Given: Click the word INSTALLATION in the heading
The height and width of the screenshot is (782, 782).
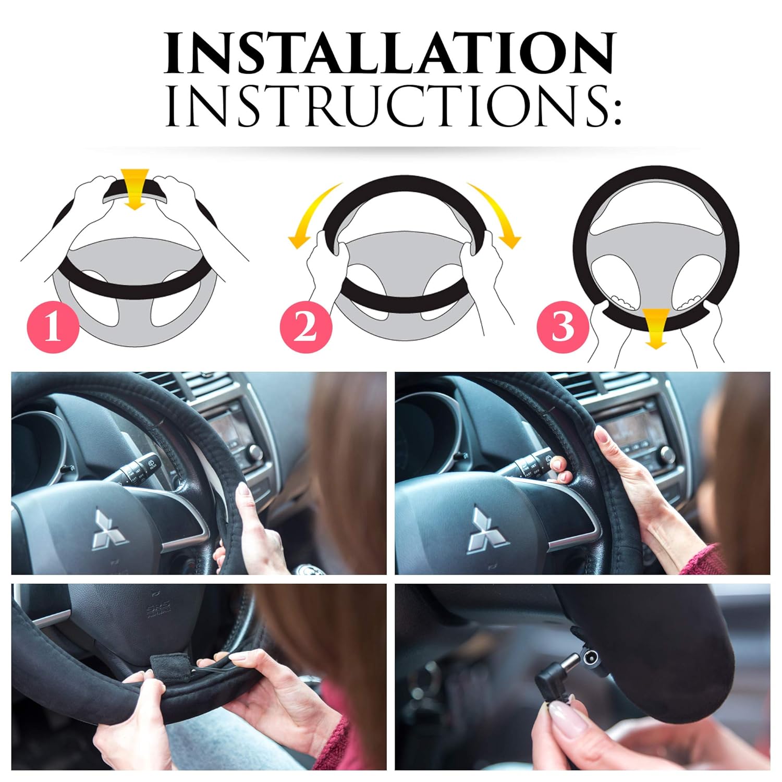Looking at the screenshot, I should click(390, 53).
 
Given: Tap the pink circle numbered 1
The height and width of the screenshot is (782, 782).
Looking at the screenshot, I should click(53, 327).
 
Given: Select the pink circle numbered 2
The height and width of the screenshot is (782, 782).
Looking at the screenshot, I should click(306, 327).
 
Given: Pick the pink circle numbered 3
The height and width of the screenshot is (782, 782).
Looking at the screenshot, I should click(563, 327).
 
